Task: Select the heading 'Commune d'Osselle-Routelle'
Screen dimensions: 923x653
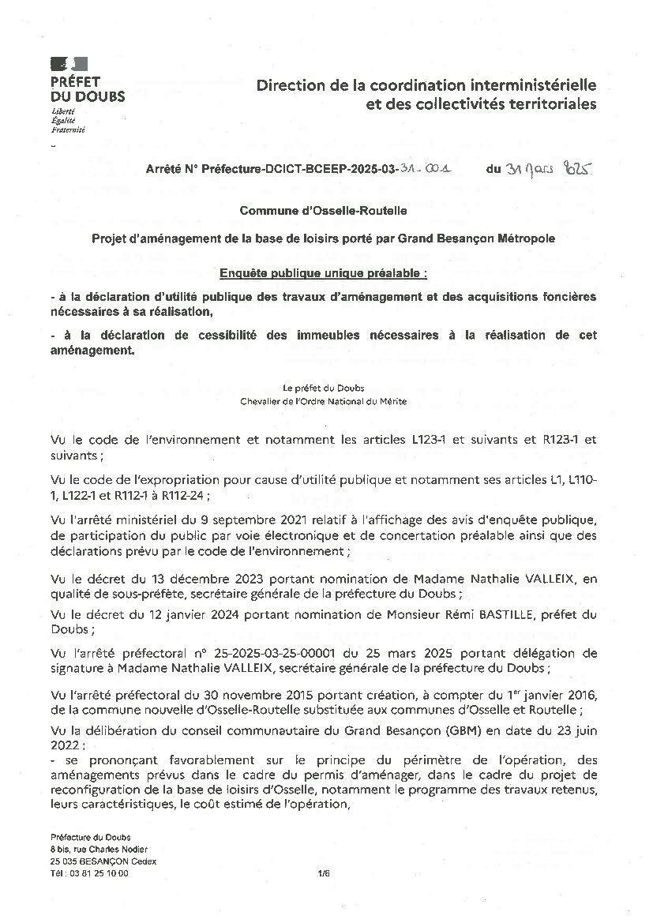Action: [x=324, y=211]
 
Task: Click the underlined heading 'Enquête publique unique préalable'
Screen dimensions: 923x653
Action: [x=323, y=274]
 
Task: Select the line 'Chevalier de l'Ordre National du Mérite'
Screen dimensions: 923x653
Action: [x=324, y=401]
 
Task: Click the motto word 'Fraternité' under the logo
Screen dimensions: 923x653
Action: [x=67, y=129]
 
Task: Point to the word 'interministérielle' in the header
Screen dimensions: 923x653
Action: [x=531, y=85]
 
